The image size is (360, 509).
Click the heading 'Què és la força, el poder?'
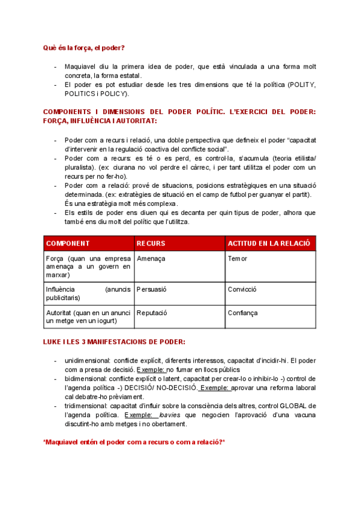click(x=84, y=47)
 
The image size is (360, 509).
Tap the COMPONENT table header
click(x=68, y=243)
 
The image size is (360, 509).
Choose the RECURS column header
click(x=151, y=243)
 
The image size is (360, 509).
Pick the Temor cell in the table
click(x=238, y=258)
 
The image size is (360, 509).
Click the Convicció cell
click(x=242, y=289)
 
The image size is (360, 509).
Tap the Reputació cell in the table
click(x=152, y=313)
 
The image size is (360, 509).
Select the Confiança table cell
click(x=242, y=313)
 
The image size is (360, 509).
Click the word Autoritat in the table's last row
click(x=60, y=313)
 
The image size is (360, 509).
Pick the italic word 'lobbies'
click(x=172, y=415)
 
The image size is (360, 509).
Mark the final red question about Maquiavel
click(x=134, y=442)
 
